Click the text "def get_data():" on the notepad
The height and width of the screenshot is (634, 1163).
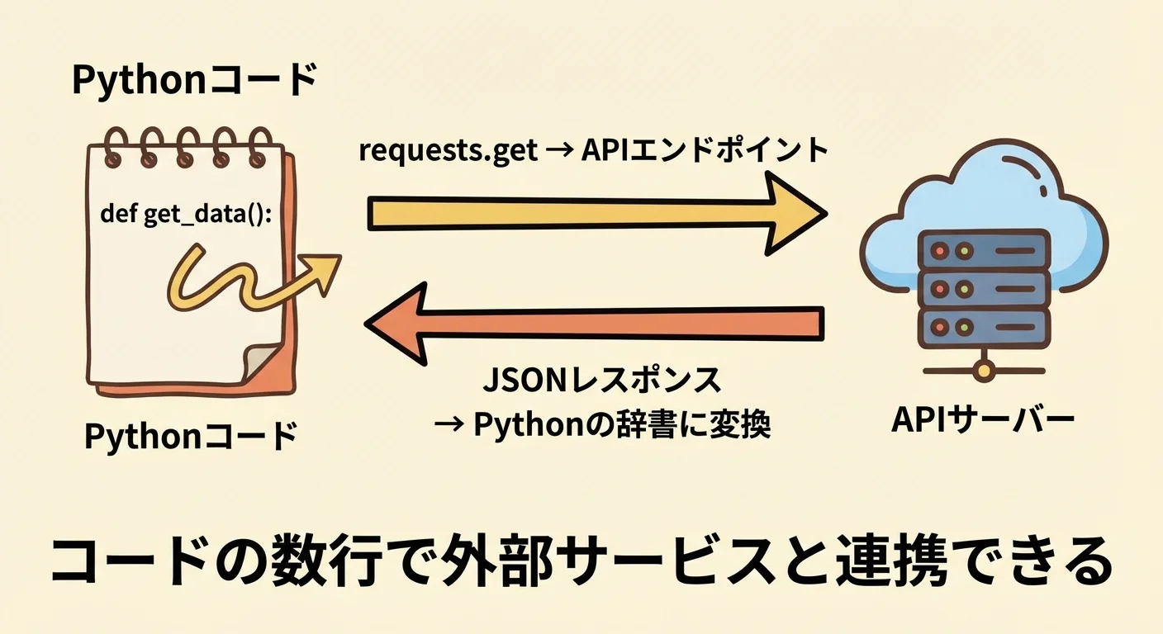186,215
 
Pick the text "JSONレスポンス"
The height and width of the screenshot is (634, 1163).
601,381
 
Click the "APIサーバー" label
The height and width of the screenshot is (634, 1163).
983,420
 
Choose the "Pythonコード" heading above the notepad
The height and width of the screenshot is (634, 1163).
195,81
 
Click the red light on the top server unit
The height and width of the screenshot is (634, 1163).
940,248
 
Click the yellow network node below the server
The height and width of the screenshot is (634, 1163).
982,371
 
